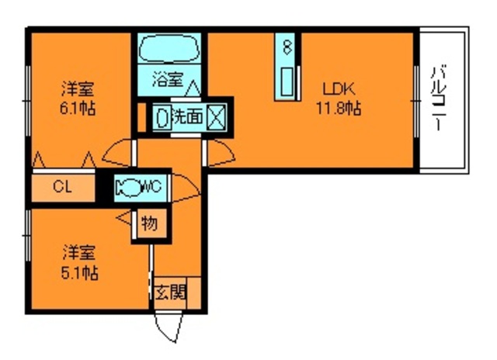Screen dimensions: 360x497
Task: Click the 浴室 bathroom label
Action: click(x=168, y=79)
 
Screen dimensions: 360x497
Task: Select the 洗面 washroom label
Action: click(x=187, y=117)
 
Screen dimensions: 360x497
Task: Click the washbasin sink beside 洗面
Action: click(x=162, y=117)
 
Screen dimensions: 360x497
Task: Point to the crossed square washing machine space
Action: click(x=215, y=117)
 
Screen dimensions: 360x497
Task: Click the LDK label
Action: click(x=335, y=88)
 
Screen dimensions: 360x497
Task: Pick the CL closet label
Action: click(x=63, y=186)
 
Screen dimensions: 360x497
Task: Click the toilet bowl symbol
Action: click(x=126, y=186)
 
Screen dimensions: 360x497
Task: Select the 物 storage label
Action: click(x=148, y=224)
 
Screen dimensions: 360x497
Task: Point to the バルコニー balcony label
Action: click(x=439, y=99)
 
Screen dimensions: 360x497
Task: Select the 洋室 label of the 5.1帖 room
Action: click(x=79, y=253)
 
